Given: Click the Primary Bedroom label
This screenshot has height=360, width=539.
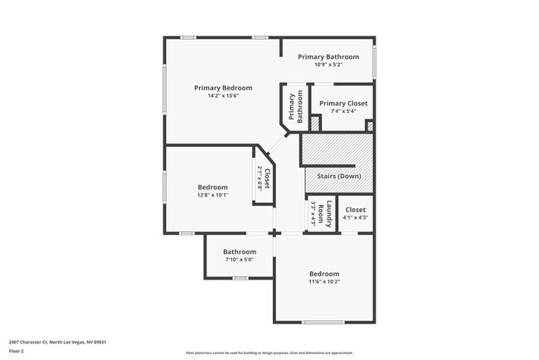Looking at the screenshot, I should (x=223, y=87).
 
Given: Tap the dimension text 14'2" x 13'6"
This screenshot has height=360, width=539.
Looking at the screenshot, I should (x=223, y=95).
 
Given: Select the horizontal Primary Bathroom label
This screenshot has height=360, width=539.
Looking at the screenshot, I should (x=328, y=56).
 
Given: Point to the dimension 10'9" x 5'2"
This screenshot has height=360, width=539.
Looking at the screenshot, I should (x=328, y=65).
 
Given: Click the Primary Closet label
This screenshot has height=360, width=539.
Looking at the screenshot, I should (x=343, y=103).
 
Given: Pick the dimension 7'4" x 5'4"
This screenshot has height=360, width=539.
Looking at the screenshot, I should (x=343, y=111).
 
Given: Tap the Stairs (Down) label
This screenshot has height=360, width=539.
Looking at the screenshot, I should (x=339, y=177).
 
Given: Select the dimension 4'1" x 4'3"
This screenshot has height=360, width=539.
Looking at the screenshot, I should (x=355, y=218).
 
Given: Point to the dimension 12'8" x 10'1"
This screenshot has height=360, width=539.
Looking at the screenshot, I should (x=212, y=196).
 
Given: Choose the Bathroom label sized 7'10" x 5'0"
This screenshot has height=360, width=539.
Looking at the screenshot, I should (x=239, y=251).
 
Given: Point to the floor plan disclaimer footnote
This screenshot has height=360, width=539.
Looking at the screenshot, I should (x=269, y=353).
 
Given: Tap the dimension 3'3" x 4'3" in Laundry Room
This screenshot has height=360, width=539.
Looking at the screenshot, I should (x=314, y=215).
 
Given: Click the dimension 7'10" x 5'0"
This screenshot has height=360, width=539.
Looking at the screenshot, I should (x=239, y=260).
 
